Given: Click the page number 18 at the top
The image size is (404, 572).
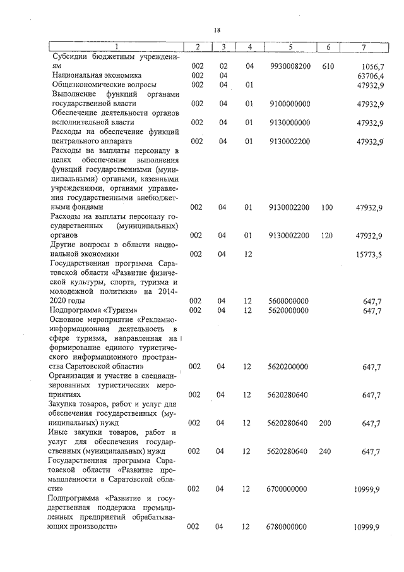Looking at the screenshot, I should pyautogui.click(x=217, y=30).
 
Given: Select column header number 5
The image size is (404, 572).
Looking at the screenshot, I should pyautogui.click(x=290, y=47).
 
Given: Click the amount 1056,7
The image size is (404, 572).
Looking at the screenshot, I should pyautogui.click(x=370, y=66).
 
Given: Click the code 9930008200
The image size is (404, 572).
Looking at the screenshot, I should pyautogui.click(x=290, y=66).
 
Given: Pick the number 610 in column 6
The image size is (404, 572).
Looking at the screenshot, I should pyautogui.click(x=328, y=66).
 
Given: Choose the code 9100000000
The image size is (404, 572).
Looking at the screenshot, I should pyautogui.click(x=290, y=104).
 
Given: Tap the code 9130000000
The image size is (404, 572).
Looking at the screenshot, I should pyautogui.click(x=290, y=123).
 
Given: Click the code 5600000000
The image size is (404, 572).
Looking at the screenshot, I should pyautogui.click(x=290, y=301).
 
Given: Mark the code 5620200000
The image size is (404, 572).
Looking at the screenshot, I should pyautogui.click(x=290, y=367).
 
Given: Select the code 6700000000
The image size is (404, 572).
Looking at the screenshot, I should pyautogui.click(x=290, y=489).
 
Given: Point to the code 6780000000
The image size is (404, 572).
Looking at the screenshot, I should pyautogui.click(x=290, y=526).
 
